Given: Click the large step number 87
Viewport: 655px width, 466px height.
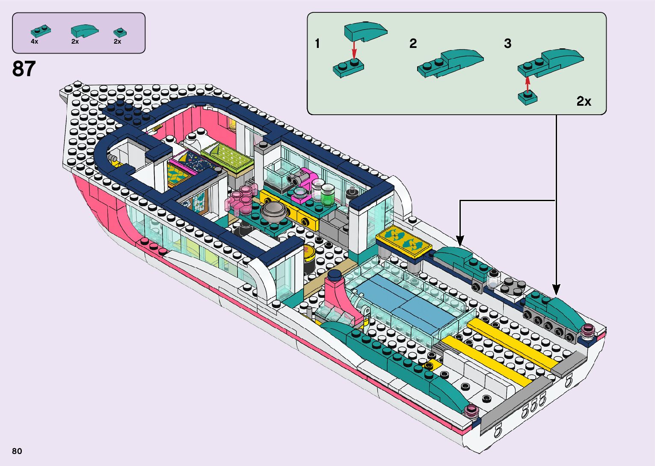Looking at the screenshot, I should click(24, 68).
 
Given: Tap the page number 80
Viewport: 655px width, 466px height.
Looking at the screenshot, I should click(17, 451).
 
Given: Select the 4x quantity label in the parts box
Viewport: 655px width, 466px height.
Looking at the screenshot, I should click(35, 42).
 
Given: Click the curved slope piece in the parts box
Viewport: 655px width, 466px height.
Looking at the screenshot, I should click(84, 31).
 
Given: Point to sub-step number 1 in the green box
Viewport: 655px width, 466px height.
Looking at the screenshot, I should click(317, 44).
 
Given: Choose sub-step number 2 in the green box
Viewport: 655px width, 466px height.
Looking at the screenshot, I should click(413, 44).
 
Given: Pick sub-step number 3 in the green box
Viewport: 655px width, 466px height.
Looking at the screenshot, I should click(508, 44).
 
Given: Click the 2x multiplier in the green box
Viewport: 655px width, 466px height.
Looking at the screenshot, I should click(584, 101).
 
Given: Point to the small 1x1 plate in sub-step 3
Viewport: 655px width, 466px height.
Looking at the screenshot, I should click(528, 98).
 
